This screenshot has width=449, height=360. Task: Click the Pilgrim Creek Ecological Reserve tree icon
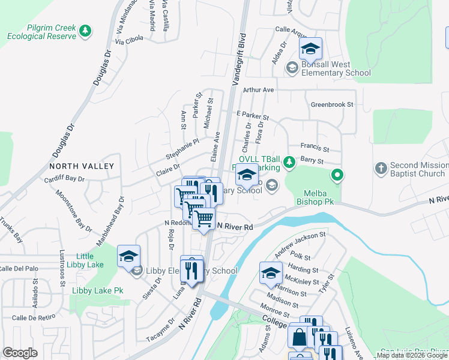pyautogui.click(x=86, y=29)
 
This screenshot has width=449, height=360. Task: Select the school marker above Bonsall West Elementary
pyautogui.click(x=310, y=49)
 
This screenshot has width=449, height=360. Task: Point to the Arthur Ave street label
pyautogui.click(x=258, y=90)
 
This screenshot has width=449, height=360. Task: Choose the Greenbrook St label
pyautogui.click(x=332, y=104)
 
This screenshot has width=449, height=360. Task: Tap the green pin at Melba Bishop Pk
pyautogui.click(x=337, y=175)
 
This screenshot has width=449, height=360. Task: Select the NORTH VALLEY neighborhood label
pyautogui.click(x=82, y=166)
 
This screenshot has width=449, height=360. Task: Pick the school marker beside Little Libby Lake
pyautogui.click(x=128, y=256)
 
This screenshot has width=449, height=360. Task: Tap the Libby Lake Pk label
pyautogui.click(x=97, y=290)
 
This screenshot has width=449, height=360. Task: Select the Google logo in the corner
pyautogui.click(x=20, y=353)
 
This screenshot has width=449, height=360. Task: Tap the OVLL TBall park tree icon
pyautogui.click(x=289, y=161)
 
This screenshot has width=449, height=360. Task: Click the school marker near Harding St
pyautogui.click(x=271, y=273)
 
